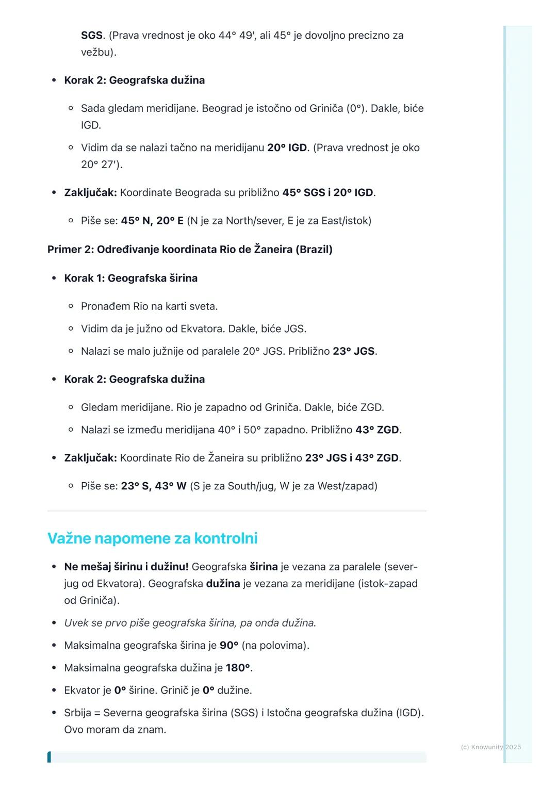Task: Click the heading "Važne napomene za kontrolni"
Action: click(x=152, y=538)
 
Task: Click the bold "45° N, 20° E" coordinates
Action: click(x=152, y=221)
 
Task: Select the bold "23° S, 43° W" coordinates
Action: click(x=153, y=486)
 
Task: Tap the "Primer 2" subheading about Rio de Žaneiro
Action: click(x=190, y=250)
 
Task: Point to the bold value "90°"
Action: click(x=229, y=645)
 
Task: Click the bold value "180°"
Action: click(x=238, y=668)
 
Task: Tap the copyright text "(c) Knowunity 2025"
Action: click(x=490, y=747)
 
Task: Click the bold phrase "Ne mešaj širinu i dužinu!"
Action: click(x=126, y=567)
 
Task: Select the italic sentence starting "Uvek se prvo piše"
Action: click(x=190, y=623)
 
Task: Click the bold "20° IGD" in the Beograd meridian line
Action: click(x=287, y=147)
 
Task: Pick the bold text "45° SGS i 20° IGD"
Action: click(x=327, y=193)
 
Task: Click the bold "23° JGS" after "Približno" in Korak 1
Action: click(x=353, y=351)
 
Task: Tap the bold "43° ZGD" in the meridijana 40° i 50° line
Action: click(x=377, y=430)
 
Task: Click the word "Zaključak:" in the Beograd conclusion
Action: click(x=90, y=193)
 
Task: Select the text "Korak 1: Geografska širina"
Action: click(x=130, y=278)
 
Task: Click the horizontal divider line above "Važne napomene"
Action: click(x=237, y=511)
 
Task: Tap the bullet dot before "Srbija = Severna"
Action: click(x=54, y=713)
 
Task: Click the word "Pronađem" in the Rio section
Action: click(x=105, y=306)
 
